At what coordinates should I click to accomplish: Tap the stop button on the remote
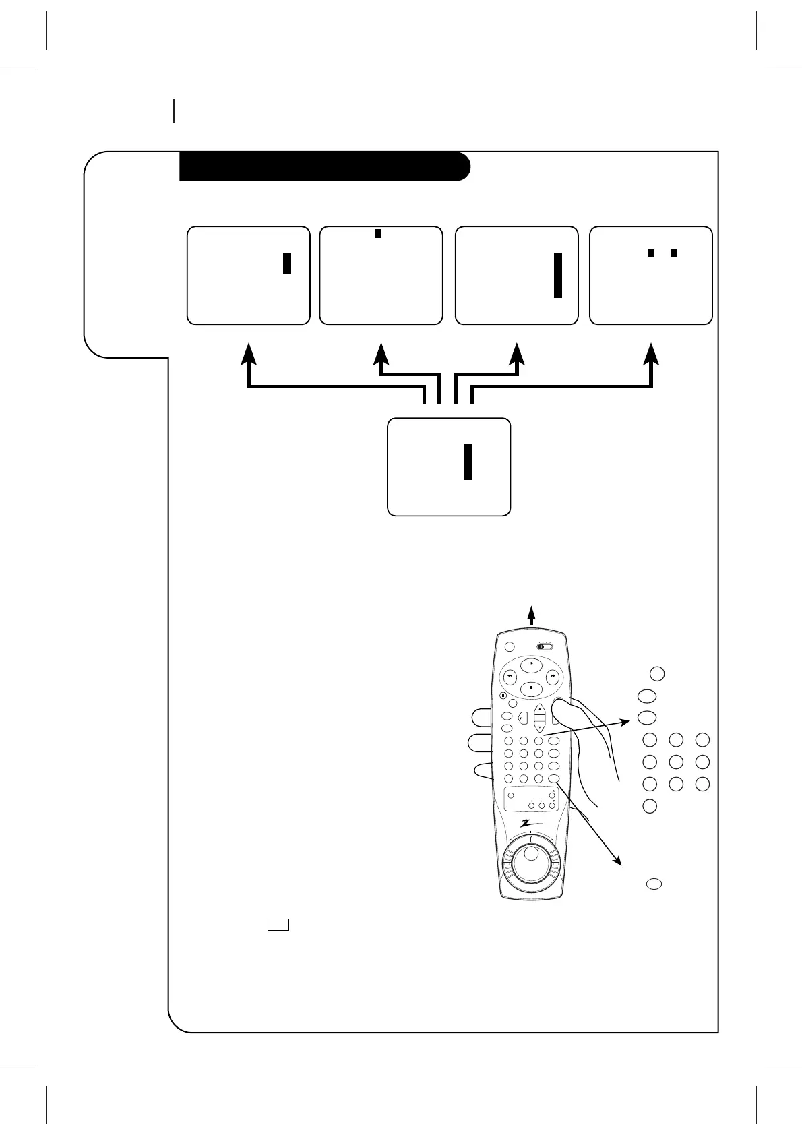coord(531,688)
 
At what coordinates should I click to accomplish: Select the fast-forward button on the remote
coord(553,675)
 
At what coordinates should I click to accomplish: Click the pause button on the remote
coord(503,696)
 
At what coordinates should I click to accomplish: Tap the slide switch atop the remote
coord(545,646)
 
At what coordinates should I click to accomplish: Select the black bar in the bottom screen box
coord(467,462)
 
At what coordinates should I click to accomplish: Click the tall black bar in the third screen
coord(557,275)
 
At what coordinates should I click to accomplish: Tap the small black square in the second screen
coord(378,233)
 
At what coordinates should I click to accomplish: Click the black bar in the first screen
coord(286,263)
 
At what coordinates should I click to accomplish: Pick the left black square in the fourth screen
coord(651,253)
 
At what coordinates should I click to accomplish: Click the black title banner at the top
coord(323,166)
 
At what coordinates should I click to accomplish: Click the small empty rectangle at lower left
coord(278,925)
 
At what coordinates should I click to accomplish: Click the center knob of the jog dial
coord(531,854)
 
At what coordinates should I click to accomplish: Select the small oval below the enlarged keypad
coord(653,884)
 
